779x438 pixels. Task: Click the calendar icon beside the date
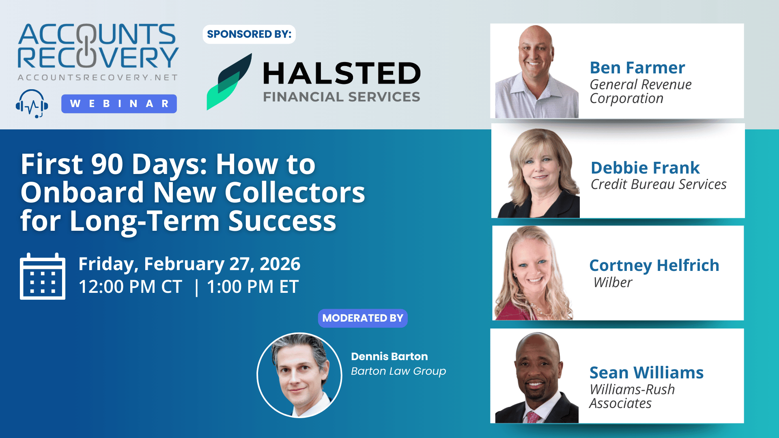(43, 276)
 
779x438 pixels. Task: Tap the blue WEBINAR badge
(119, 104)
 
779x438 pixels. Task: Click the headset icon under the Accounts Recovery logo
(32, 104)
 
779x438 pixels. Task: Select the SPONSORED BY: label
(249, 34)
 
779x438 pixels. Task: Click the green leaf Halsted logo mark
(229, 82)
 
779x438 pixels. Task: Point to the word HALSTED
(342, 73)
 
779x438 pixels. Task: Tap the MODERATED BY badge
(363, 318)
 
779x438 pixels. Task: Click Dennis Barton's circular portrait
(299, 375)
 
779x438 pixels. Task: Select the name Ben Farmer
(637, 68)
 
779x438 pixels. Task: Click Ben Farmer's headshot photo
(536, 71)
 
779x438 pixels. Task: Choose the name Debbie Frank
(645, 167)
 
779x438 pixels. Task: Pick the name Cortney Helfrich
(654, 266)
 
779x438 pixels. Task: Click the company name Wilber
(613, 282)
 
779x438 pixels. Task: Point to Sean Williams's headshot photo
(536, 378)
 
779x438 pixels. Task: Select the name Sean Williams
(646, 373)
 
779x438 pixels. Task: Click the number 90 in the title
(107, 164)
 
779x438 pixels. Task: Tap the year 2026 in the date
(280, 264)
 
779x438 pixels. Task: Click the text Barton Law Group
(398, 371)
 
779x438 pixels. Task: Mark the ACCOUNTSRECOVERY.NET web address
(98, 77)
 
